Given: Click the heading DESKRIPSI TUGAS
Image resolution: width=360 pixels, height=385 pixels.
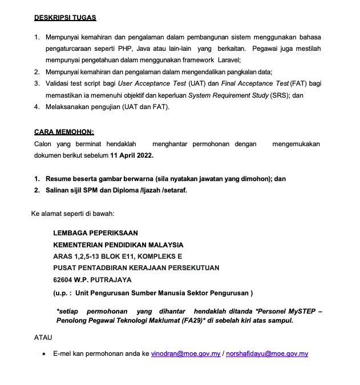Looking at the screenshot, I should [x=65, y=18].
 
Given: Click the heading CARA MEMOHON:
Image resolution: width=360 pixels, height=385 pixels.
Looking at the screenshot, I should [x=64, y=132].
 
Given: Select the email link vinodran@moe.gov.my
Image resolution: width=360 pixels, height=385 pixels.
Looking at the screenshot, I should [x=186, y=354].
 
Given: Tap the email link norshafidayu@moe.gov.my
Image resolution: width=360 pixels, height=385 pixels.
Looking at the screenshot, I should [x=267, y=354].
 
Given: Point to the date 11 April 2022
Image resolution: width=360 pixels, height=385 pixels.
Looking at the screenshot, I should [x=132, y=155].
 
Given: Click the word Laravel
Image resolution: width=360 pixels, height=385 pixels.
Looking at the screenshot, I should [x=228, y=59].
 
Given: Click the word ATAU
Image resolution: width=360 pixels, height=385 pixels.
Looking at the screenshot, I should [x=43, y=338].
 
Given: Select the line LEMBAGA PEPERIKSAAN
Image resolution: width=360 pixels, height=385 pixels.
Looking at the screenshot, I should [x=95, y=233].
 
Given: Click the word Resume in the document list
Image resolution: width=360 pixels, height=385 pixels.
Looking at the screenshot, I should [x=59, y=179].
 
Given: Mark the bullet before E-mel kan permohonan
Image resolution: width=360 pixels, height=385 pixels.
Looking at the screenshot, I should [x=45, y=354].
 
